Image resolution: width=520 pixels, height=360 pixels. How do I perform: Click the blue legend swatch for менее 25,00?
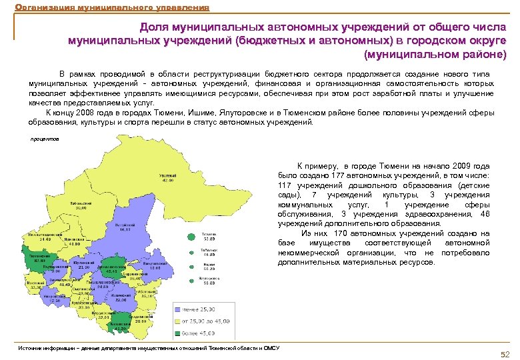pyautogui.click(x=179, y=309)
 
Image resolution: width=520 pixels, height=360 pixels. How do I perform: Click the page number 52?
pyautogui.click(x=505, y=353)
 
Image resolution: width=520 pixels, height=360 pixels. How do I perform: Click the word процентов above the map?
pyautogui.click(x=45, y=139)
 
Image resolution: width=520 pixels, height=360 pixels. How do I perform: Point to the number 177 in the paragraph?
pyautogui.click(x=337, y=175)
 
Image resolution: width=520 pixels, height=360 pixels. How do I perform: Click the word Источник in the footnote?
pyautogui.click(x=31, y=348)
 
